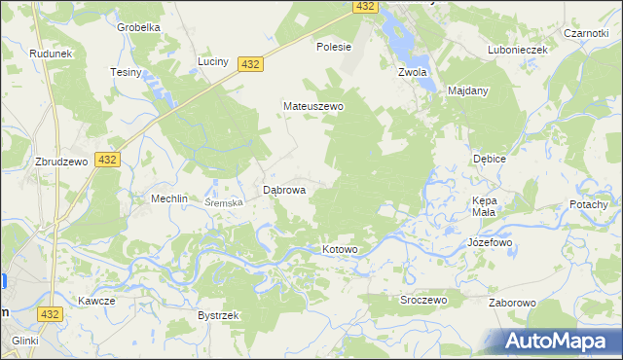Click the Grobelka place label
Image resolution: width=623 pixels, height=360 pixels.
(138, 27)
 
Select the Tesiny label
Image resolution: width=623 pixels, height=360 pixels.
(127, 73)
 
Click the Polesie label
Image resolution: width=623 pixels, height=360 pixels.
(334, 46)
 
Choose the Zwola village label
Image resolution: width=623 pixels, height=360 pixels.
(414, 72)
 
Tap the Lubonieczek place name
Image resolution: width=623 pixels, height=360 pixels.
(520, 50)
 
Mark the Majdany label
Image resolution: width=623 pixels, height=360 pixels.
(468, 90)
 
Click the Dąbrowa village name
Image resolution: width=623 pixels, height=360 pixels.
(285, 191)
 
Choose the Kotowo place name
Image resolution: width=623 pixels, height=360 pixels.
(341, 250)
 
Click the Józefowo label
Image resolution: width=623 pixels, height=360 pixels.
(490, 241)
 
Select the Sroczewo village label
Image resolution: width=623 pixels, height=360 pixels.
(423, 301)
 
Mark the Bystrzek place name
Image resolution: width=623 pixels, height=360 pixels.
(218, 316)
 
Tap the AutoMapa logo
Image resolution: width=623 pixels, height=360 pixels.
(557, 342)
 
